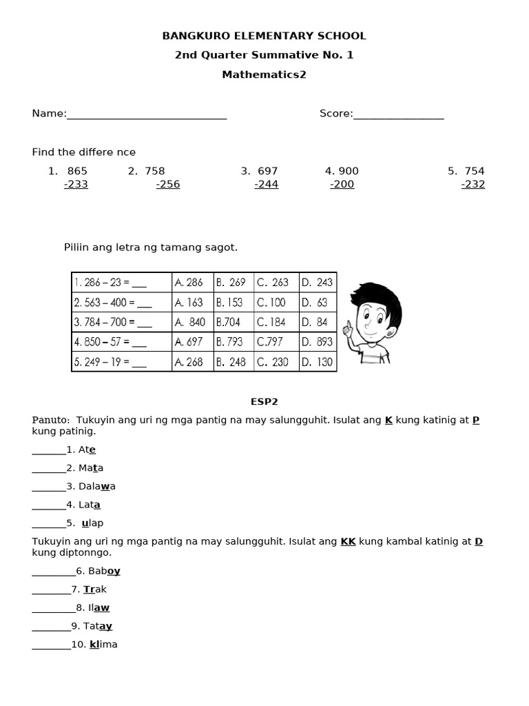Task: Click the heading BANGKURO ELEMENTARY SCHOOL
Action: pos(264,36)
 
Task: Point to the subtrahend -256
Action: pos(168,185)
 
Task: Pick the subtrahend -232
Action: pos(473,185)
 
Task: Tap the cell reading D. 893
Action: pos(317,342)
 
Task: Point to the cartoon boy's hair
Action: pos(372,293)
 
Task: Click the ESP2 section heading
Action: pos(264,401)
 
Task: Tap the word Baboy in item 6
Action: pos(104,571)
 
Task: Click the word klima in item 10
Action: pos(103,645)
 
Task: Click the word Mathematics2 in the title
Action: pos(264,74)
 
